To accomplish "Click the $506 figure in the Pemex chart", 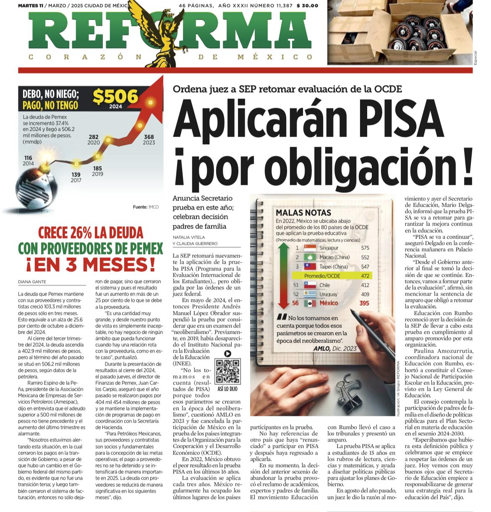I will [115, 96].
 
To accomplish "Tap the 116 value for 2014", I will [28, 158].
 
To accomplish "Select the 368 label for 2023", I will [149, 137].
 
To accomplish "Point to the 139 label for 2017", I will [76, 175].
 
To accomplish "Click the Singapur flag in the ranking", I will [310, 248].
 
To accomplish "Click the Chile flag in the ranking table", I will [310, 285].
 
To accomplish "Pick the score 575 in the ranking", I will [365, 248].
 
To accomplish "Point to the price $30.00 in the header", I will [307, 5].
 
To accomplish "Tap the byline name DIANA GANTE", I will [32, 282].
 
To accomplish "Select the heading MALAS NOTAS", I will [303, 213].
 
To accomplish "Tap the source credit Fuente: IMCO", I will [146, 207].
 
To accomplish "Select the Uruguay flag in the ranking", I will [310, 294].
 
